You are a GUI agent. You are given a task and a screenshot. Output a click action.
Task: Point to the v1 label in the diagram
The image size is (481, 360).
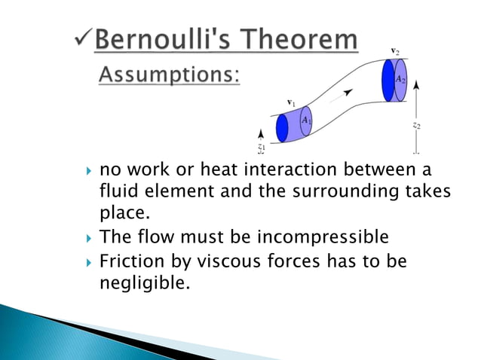coord(291,102)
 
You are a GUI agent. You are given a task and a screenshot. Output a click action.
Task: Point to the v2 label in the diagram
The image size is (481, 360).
coord(395,50)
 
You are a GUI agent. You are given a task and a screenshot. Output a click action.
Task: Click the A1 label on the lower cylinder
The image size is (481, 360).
coord(305,120)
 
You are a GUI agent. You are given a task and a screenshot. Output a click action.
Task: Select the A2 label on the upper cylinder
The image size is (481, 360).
coord(400,79)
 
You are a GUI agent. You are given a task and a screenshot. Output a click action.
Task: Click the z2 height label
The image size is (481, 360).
coord(417,126)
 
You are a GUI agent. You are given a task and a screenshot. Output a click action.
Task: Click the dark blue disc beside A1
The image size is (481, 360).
coord(283,128)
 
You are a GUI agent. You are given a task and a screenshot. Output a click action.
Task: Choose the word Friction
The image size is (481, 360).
coord(130,263)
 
